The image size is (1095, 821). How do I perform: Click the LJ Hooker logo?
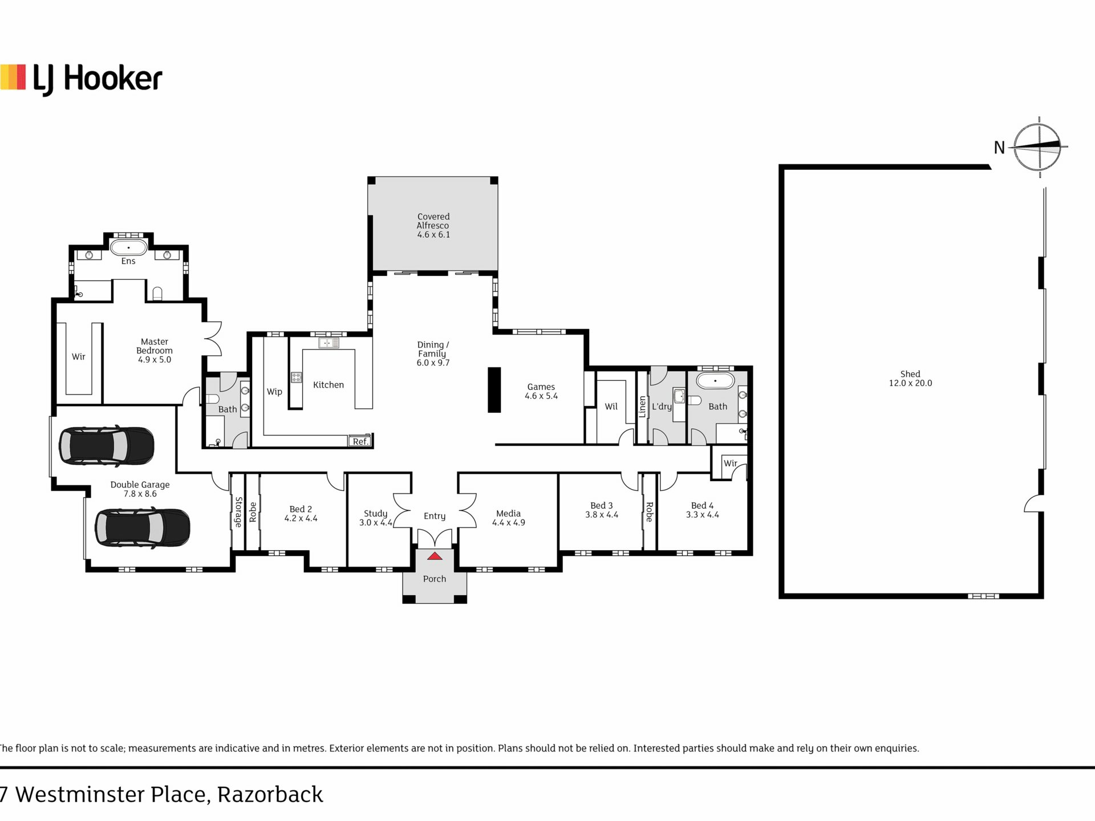pos(81,79)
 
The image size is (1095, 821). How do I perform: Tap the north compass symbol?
pos(1039,147)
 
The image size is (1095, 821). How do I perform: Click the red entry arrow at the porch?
pos(435,556)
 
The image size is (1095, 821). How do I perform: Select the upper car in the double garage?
pos(106,445)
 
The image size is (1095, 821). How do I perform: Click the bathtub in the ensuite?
pos(128,247)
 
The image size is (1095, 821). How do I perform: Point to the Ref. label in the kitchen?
pos(360,441)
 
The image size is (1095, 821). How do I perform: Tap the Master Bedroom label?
pos(155,351)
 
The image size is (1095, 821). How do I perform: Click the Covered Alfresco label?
pos(433,225)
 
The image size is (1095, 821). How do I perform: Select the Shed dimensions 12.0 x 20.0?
pos(910,383)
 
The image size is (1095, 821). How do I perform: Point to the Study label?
pos(376,514)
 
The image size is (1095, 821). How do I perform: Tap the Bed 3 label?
pos(602,506)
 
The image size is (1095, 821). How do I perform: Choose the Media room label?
pos(508,514)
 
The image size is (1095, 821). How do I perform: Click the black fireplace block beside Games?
pos(494,390)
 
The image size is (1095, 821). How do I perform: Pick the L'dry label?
pos(662,407)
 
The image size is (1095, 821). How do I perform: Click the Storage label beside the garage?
pos(238,512)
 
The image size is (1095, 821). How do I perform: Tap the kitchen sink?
pos(329,343)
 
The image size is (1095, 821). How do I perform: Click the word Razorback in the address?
pos(270,795)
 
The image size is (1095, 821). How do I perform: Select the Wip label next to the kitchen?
pos(274,392)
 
